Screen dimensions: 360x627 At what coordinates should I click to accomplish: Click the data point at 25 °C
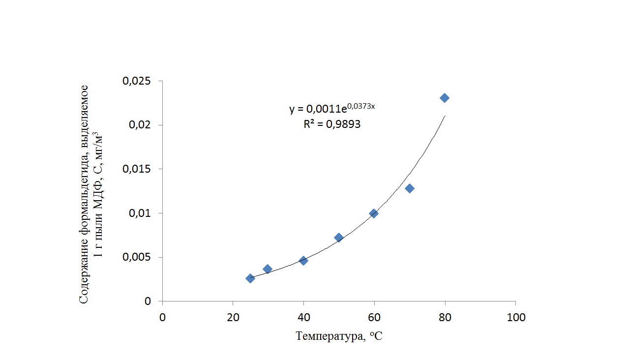(x=250, y=278)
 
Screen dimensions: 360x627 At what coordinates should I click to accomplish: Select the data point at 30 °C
(x=268, y=269)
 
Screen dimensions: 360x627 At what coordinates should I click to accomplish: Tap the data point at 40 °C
(x=303, y=261)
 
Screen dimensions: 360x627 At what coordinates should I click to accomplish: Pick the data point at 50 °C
(x=339, y=238)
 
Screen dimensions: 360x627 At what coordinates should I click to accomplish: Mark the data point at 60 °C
(x=374, y=213)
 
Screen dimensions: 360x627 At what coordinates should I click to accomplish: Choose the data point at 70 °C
(x=410, y=188)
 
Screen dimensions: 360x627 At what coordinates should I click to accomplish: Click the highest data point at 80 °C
(x=445, y=98)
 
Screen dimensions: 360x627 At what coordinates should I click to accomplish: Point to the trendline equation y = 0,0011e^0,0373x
(x=332, y=108)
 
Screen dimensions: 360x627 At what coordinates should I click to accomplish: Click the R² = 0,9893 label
(x=332, y=125)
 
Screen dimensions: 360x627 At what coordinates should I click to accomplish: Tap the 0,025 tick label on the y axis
(x=137, y=81)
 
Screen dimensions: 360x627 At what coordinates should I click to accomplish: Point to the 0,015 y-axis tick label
(x=137, y=169)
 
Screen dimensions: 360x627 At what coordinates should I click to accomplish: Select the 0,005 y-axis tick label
(x=137, y=257)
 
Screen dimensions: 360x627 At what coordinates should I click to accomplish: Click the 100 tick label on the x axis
(x=515, y=318)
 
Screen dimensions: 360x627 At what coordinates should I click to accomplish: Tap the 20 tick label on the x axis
(x=233, y=318)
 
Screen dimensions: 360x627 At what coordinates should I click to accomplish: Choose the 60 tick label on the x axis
(x=374, y=318)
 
